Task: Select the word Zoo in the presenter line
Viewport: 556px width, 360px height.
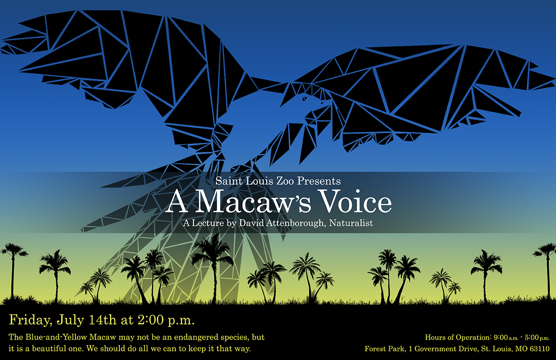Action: point(285,181)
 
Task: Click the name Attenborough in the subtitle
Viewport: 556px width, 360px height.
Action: point(295,223)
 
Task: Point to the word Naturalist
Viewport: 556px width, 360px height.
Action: point(351,223)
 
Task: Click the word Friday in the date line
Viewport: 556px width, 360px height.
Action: point(30,320)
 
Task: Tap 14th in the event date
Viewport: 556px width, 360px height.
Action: point(103,320)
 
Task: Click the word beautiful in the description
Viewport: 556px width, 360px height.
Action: point(49,348)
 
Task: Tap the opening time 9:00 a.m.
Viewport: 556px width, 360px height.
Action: point(506,337)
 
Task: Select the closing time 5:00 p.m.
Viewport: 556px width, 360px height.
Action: point(537,337)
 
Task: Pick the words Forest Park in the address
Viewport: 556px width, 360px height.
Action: point(385,349)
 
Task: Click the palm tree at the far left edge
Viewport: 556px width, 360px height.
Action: point(13,271)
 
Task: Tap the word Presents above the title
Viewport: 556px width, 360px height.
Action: point(319,181)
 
